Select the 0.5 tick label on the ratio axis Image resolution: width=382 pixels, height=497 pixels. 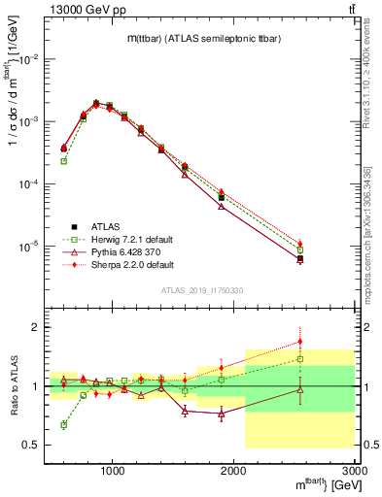coord(31,445)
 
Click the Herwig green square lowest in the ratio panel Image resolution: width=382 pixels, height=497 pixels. coord(64,425)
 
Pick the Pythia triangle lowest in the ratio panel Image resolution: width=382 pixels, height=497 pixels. coord(222,414)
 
